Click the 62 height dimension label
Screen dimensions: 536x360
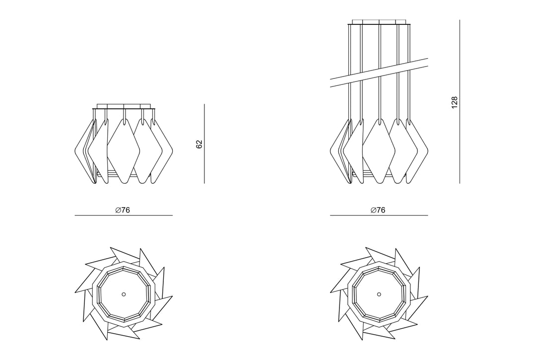click(200, 144)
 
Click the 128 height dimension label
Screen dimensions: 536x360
click(454, 103)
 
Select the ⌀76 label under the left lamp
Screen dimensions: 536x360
click(123, 210)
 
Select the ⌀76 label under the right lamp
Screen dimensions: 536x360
click(378, 210)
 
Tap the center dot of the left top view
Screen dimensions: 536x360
click(124, 294)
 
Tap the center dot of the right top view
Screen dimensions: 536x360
click(379, 294)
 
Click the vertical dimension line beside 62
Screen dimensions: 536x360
click(204, 144)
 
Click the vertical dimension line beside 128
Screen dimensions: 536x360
click(460, 101)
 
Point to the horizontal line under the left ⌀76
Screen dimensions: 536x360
click(124, 216)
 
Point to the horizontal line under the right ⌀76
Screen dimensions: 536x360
click(379, 216)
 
